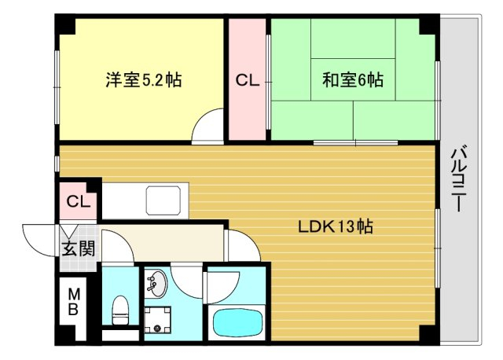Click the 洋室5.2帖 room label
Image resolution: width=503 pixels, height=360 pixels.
click(x=144, y=80)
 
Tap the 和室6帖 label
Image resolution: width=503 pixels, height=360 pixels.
click(x=353, y=80)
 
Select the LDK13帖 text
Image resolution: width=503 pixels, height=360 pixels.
click(x=336, y=226)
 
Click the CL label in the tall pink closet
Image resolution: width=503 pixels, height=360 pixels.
click(x=248, y=80)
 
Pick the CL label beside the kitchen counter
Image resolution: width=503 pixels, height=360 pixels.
click(x=79, y=201)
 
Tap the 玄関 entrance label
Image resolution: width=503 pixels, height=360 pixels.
click(x=79, y=248)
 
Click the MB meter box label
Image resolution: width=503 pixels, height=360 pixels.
click(x=73, y=302)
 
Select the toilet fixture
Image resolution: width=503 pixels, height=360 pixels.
click(x=120, y=310)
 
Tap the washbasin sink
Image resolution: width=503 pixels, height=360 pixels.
click(x=156, y=283)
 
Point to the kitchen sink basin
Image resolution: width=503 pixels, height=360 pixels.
click(x=163, y=200)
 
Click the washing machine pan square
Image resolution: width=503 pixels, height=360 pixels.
click(x=157, y=320)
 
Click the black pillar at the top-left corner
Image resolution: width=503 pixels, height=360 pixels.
click(x=65, y=24)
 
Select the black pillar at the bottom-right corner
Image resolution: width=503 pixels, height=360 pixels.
click(x=429, y=336)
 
